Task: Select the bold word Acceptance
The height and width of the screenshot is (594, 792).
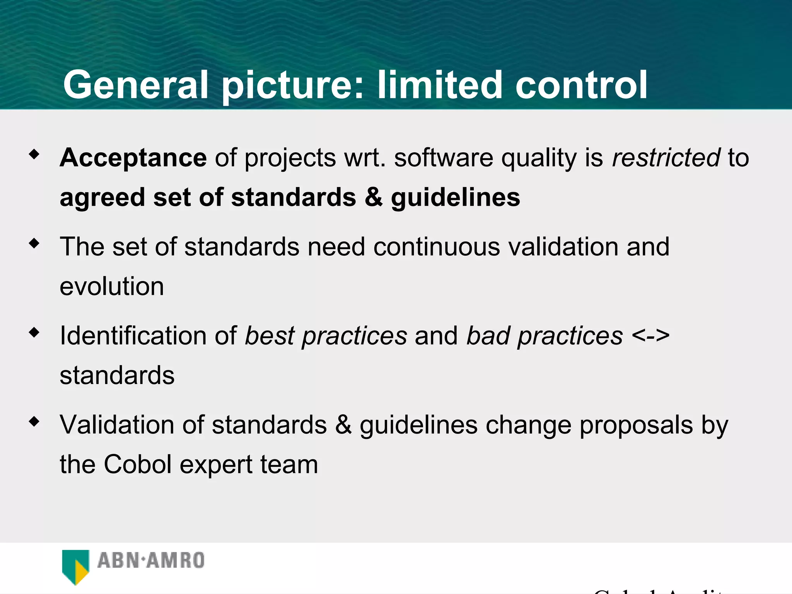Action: click(133, 158)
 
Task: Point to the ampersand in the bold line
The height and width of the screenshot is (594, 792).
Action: click(373, 197)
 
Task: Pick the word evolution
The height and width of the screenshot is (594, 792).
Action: click(112, 287)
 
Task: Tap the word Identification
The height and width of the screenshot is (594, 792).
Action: click(133, 336)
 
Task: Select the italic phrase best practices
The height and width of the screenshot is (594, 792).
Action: click(326, 336)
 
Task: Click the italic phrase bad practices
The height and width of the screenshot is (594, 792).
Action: click(544, 336)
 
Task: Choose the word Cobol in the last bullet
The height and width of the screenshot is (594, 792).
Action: click(138, 464)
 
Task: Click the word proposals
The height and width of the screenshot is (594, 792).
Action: click(636, 425)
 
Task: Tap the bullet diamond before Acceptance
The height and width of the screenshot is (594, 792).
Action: click(34, 154)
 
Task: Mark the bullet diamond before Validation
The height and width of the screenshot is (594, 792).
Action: click(34, 421)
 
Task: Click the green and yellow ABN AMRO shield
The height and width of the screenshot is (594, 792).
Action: click(75, 567)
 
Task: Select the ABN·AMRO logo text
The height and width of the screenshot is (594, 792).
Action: click(151, 560)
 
